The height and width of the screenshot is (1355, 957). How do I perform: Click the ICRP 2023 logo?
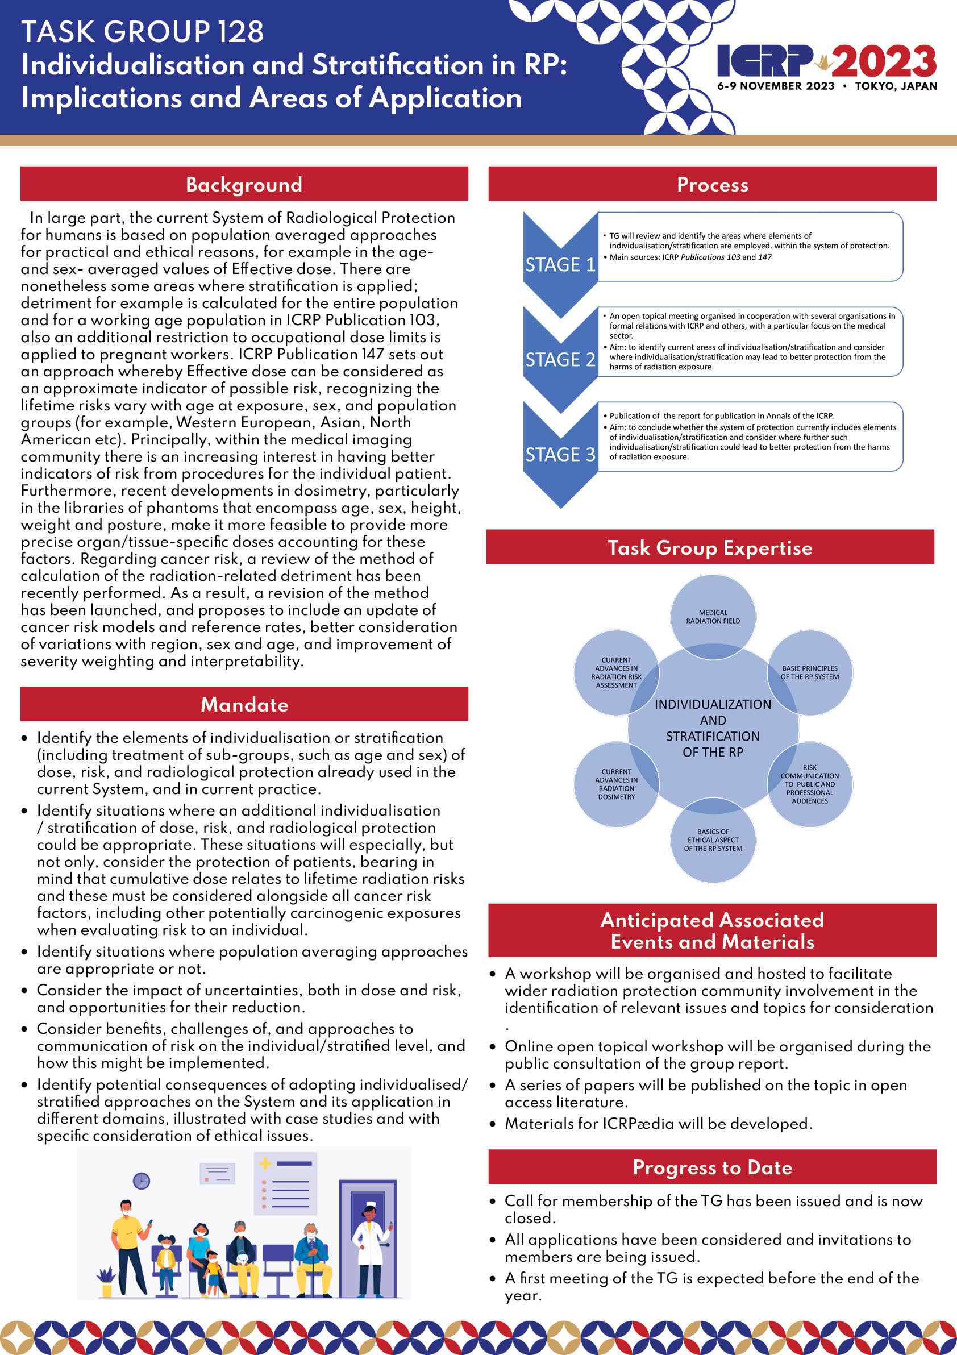tap(826, 66)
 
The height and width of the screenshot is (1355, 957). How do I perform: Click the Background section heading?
tap(244, 184)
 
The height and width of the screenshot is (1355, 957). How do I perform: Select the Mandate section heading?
tap(244, 704)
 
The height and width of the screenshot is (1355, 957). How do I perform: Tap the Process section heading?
tap(712, 184)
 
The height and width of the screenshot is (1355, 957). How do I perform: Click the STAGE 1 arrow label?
tap(560, 264)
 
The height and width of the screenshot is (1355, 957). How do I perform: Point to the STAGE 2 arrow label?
tap(560, 359)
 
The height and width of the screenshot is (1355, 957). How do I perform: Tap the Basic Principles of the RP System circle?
tap(809, 672)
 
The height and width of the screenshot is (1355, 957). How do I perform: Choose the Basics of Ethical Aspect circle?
tap(713, 840)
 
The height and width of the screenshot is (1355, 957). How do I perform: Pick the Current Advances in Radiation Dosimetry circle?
tap(616, 784)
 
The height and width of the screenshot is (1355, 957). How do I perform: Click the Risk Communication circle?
tap(809, 784)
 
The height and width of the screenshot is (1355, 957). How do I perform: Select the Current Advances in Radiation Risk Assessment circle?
tap(616, 672)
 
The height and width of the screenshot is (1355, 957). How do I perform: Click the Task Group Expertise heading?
tap(710, 547)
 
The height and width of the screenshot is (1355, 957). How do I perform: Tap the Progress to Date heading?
tap(712, 1167)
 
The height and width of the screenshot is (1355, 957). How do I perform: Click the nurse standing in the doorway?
tap(371, 1246)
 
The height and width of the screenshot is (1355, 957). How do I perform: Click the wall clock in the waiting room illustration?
tap(141, 1181)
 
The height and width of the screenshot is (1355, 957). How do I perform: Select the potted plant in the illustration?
tap(106, 1282)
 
